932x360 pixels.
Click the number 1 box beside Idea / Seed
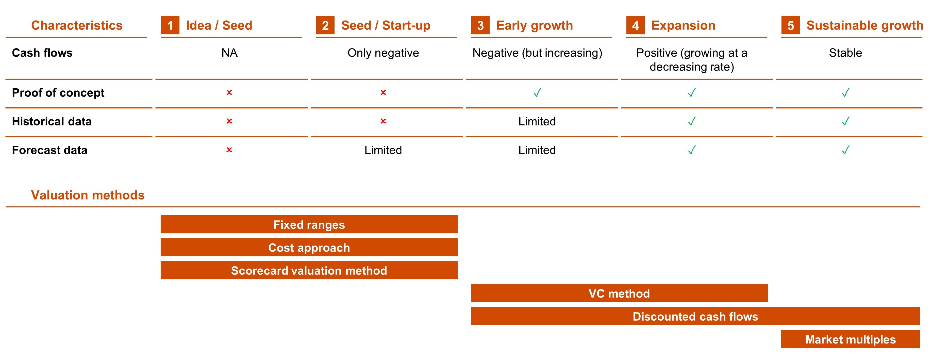point(170,25)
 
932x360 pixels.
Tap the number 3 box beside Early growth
point(480,25)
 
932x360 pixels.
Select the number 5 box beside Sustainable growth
point(791,25)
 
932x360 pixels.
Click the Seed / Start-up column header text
point(386,25)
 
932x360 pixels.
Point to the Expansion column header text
point(683,25)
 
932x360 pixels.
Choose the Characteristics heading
point(77,25)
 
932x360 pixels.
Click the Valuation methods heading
point(88,195)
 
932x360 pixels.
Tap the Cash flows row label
point(42,53)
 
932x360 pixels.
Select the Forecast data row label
point(49,150)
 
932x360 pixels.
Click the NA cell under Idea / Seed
point(229,53)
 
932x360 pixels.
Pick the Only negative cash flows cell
point(383,53)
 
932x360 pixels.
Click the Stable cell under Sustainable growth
point(845,53)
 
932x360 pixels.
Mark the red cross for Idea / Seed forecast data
point(229,150)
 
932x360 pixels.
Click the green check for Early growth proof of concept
point(538,93)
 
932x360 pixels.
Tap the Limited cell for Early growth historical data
point(537,121)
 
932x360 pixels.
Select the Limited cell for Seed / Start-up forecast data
point(383,150)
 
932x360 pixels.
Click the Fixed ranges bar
point(309,224)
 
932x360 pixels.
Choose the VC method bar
point(619,293)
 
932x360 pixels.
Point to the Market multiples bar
point(850,339)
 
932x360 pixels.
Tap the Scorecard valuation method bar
point(309,270)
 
